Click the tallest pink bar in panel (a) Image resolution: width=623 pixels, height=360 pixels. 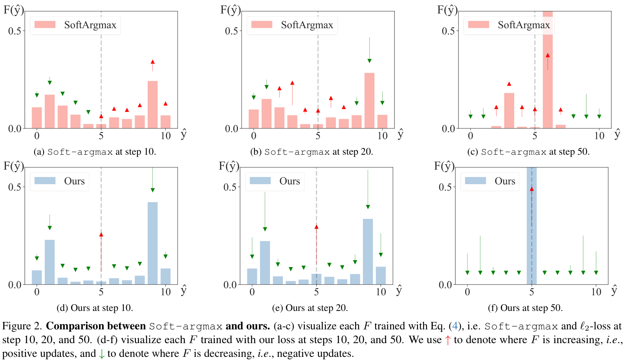152,104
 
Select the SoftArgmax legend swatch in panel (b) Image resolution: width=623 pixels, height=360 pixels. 262,25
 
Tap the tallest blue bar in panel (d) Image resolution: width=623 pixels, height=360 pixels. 152,243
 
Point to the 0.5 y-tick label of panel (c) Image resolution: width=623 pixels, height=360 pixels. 448,31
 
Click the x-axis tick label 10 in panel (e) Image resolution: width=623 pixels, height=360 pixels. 381,292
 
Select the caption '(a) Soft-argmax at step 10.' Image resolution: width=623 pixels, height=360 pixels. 95,152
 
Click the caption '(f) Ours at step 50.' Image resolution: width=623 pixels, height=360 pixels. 525,308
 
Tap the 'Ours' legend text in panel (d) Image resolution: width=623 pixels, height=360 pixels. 74,181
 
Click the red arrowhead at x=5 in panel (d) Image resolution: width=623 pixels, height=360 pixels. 101,234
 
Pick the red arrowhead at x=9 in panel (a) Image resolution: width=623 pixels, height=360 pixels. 152,62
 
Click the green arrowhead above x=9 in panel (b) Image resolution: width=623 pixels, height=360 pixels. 369,60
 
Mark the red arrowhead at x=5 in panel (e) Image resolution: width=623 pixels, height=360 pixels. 316,227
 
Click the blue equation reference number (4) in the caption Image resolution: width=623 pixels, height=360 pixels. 455,326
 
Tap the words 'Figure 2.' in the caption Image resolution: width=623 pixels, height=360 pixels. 22,326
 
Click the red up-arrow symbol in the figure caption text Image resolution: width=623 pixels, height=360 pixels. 447,340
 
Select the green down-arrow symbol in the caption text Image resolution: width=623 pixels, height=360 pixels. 102,354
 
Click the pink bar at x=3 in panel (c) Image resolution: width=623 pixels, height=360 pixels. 509,110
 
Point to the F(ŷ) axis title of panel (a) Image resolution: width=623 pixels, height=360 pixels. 14,9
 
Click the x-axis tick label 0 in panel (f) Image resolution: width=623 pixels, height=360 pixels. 467,292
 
